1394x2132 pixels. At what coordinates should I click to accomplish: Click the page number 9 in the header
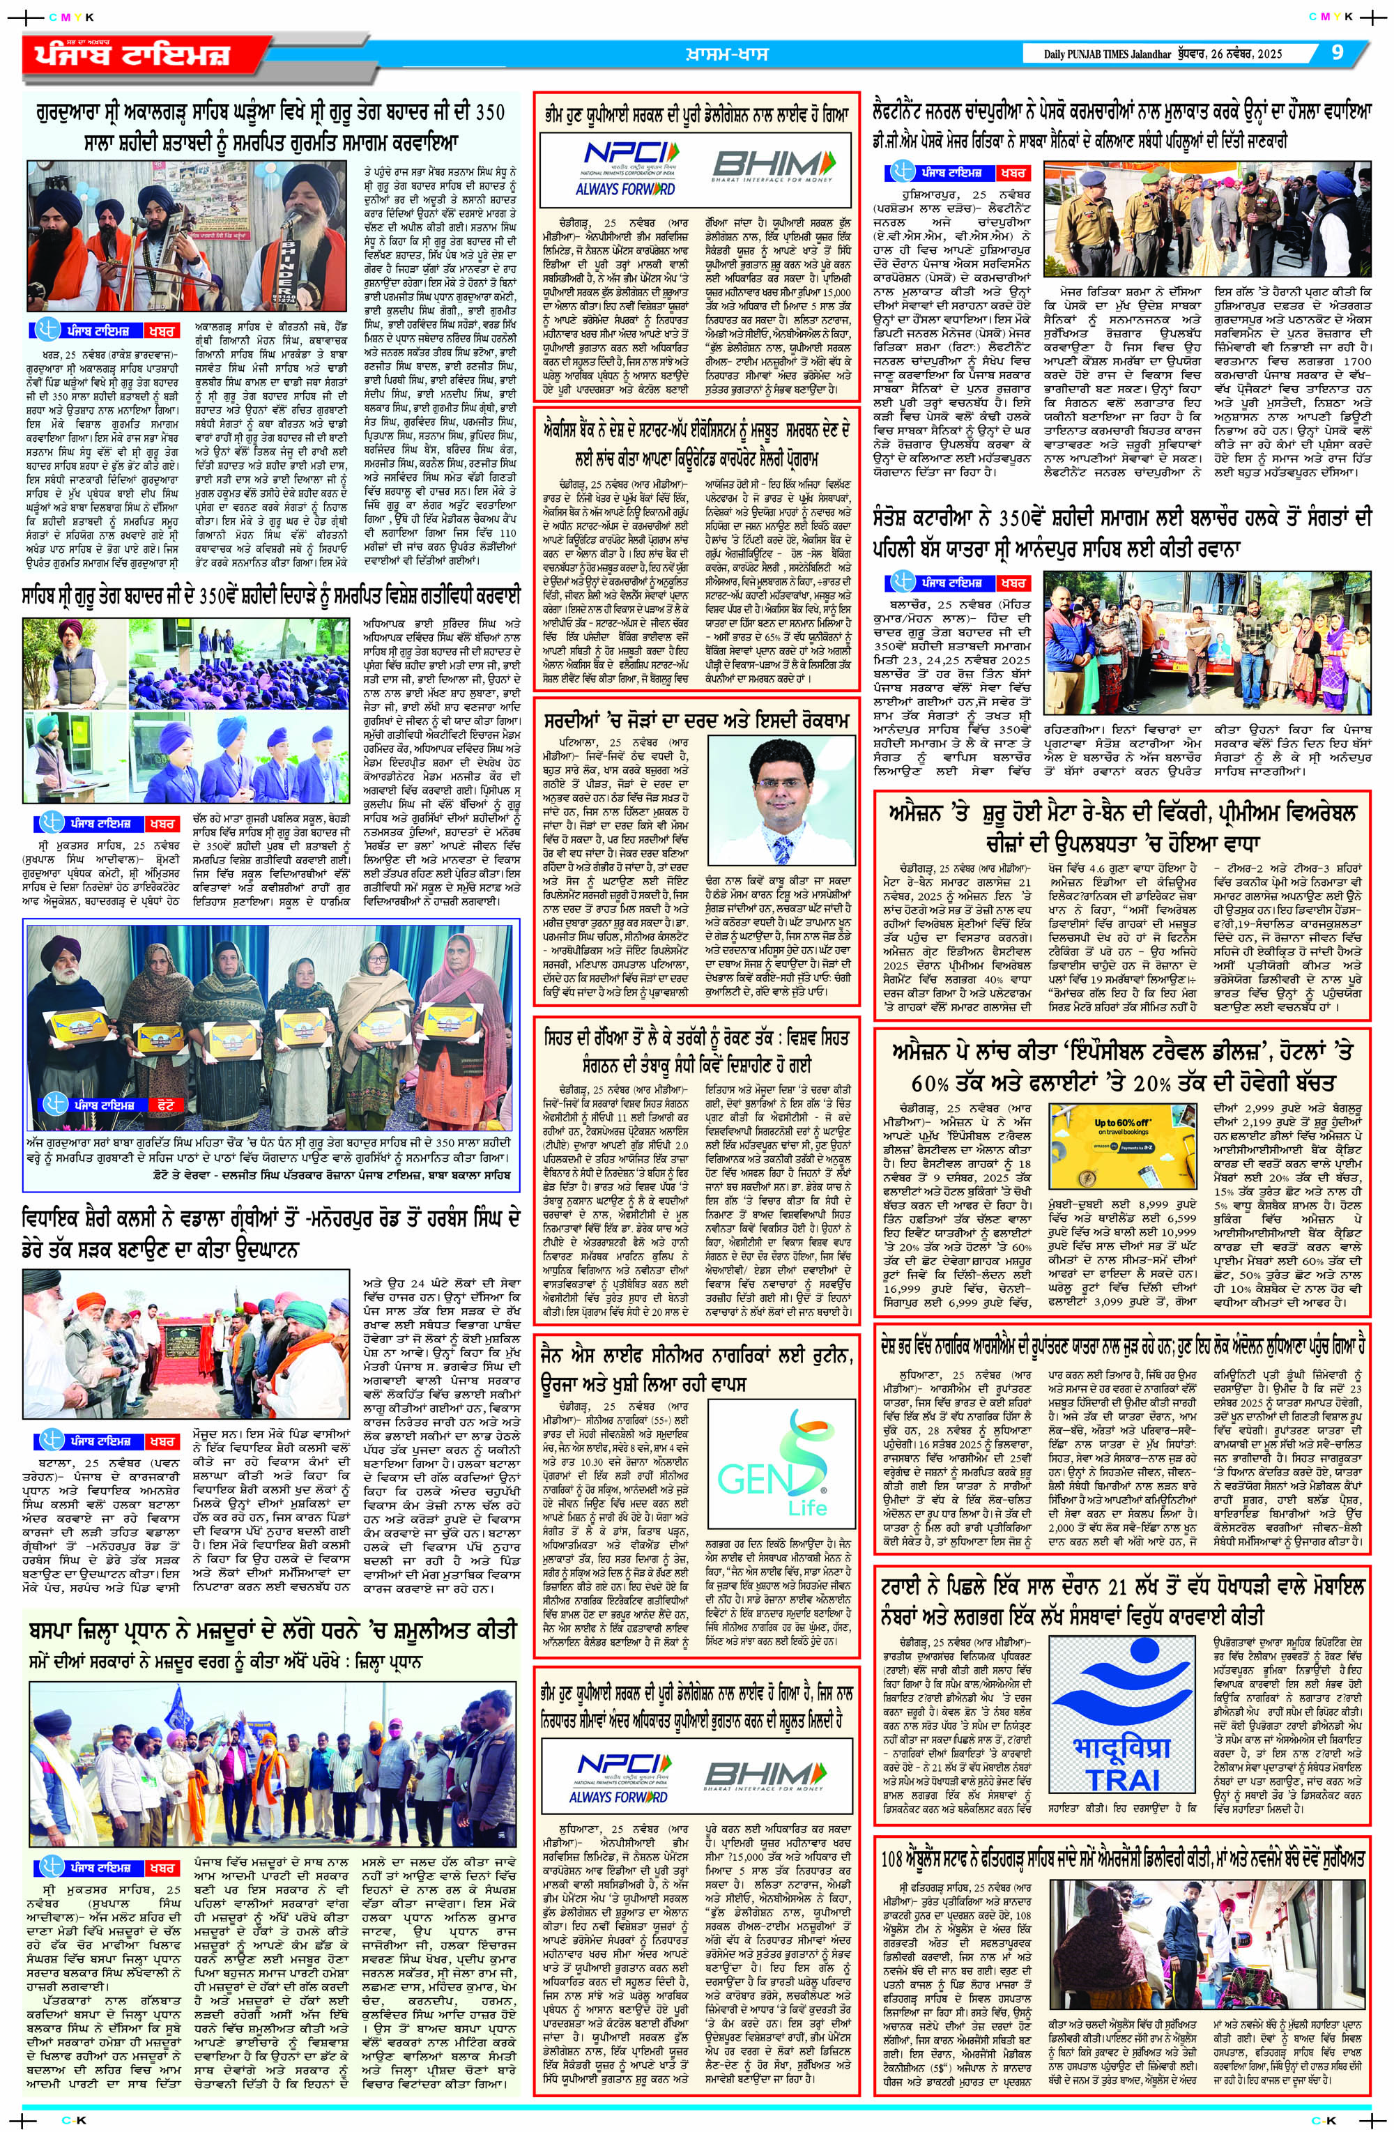coord(1337,53)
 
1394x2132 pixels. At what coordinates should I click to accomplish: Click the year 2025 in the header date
coord(1269,54)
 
